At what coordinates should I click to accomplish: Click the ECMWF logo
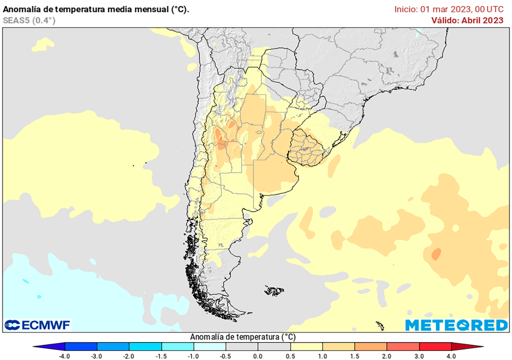pyautogui.click(x=37, y=325)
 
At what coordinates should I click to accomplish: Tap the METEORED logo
pyautogui.click(x=456, y=325)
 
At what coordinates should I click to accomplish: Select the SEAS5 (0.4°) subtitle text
pyautogui.click(x=29, y=20)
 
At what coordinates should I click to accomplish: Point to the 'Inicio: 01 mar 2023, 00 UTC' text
pyautogui.click(x=448, y=9)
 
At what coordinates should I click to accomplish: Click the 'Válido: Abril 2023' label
pyautogui.click(x=467, y=20)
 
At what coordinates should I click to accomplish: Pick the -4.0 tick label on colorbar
pyautogui.click(x=64, y=356)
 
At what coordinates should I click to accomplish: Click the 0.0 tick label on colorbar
pyautogui.click(x=257, y=356)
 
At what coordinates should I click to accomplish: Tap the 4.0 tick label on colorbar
pyautogui.click(x=451, y=356)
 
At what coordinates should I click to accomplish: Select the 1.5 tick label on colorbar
pyautogui.click(x=354, y=356)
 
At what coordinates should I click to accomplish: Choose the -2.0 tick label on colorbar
pyautogui.click(x=128, y=356)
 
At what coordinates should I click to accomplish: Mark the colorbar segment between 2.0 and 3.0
pyautogui.click(x=403, y=346)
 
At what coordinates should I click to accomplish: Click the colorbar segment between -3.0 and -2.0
pyautogui.click(x=113, y=346)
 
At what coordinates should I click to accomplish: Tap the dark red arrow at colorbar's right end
pyautogui.click(x=467, y=346)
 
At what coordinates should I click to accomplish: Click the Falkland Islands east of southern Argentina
pyautogui.click(x=274, y=290)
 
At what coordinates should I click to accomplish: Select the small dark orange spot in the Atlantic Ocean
pyautogui.click(x=436, y=254)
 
